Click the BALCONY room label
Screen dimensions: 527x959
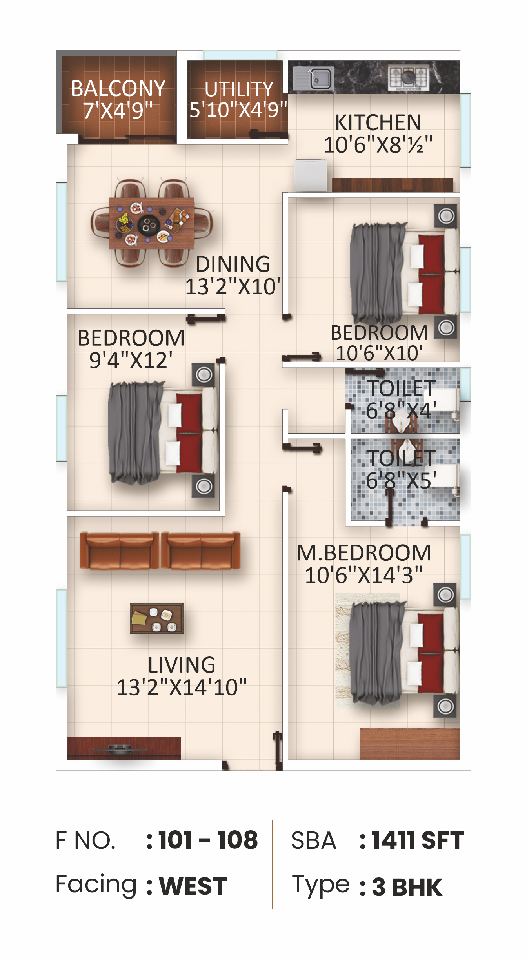pyautogui.click(x=118, y=88)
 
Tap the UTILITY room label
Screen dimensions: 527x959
pyautogui.click(x=239, y=89)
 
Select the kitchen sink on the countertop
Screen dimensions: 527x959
pyautogui.click(x=314, y=78)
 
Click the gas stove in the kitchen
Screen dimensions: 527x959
pyautogui.click(x=409, y=77)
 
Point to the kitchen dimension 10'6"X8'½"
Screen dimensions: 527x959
pyautogui.click(x=378, y=145)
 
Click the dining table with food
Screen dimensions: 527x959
pyautogui.click(x=152, y=223)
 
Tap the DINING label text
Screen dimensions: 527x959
pyautogui.click(x=233, y=264)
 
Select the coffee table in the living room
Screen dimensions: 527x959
pyautogui.click(x=157, y=618)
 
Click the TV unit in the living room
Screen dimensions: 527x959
pyautogui.click(x=124, y=748)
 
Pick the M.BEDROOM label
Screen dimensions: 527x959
pyautogui.click(x=364, y=553)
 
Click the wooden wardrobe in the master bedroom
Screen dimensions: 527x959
pyautogui.click(x=410, y=744)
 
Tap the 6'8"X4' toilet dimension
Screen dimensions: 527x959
pyautogui.click(x=401, y=411)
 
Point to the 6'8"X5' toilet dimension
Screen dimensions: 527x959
pyautogui.click(x=401, y=480)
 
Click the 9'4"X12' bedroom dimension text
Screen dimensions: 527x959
pyautogui.click(x=131, y=360)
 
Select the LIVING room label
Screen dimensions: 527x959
pyautogui.click(x=182, y=665)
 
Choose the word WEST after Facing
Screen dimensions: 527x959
pyautogui.click(x=193, y=886)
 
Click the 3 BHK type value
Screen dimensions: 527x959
pyautogui.click(x=407, y=887)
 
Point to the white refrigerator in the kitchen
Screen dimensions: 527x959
pyautogui.click(x=311, y=175)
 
